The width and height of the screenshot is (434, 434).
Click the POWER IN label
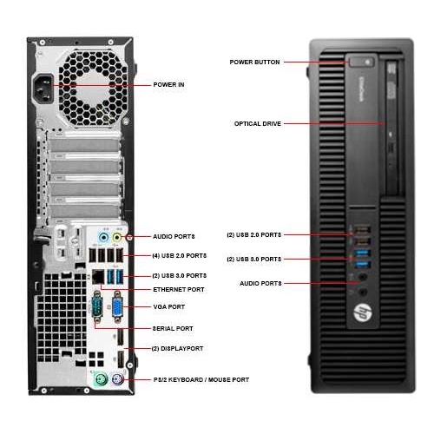(168, 85)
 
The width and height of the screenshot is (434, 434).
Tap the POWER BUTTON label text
(253, 62)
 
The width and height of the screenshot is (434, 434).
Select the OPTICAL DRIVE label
(257, 123)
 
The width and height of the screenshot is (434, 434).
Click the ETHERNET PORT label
(179, 289)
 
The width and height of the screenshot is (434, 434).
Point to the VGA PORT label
(170, 307)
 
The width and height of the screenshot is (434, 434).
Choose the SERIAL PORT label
(174, 328)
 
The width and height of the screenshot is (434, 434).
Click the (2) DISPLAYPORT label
(178, 348)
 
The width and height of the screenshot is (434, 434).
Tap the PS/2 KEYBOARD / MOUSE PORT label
(201, 379)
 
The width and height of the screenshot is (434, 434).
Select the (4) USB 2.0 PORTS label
(180, 255)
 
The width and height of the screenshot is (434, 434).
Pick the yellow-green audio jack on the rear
(128, 235)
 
